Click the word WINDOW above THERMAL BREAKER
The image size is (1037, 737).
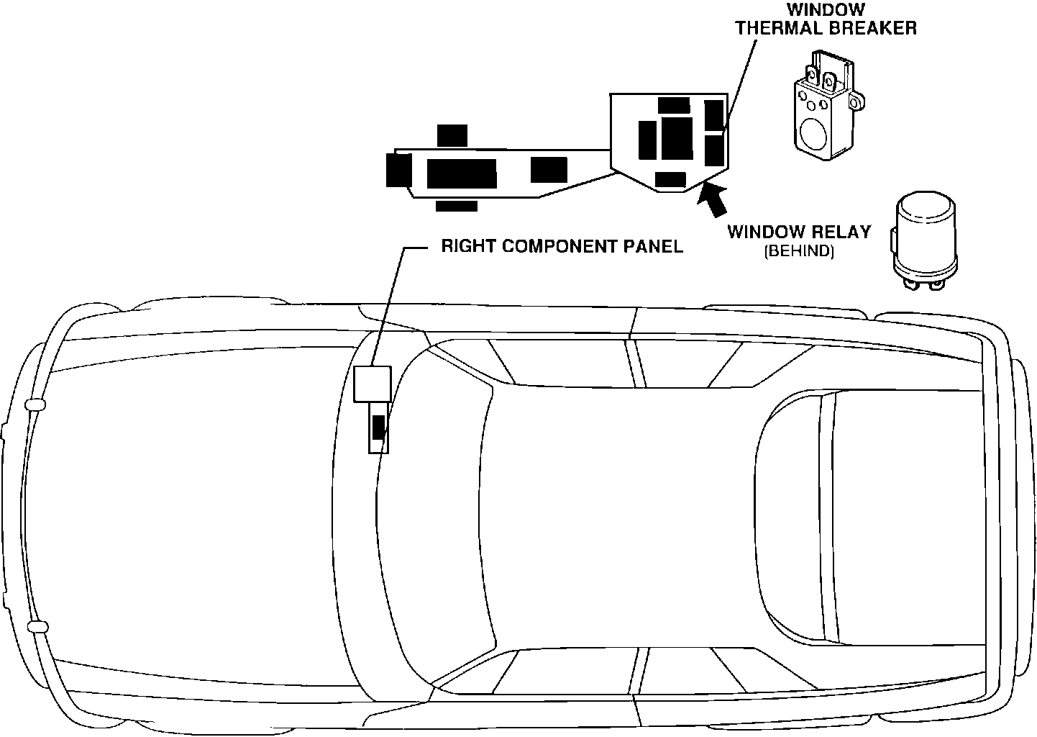[x=826, y=10]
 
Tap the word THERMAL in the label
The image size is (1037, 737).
[x=780, y=28]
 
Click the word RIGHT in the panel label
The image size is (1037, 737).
[x=467, y=247]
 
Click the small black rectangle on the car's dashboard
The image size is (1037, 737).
[x=378, y=428]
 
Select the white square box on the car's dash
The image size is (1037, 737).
[x=372, y=384]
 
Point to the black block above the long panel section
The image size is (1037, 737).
[x=452, y=135]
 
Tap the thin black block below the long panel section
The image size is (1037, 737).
[x=456, y=207]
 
